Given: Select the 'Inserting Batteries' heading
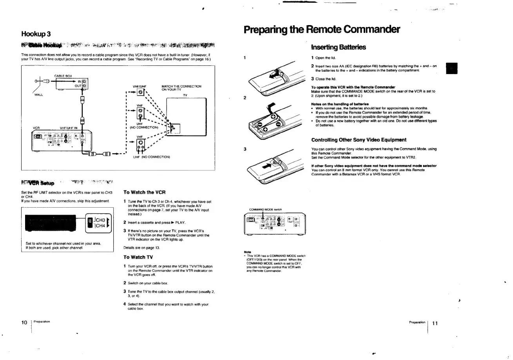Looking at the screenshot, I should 338,47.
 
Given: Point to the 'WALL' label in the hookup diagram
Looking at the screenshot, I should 39,94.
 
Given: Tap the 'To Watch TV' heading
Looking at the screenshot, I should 138,257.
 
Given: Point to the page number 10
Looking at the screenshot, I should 24,322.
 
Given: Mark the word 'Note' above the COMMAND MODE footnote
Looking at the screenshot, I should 247,252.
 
